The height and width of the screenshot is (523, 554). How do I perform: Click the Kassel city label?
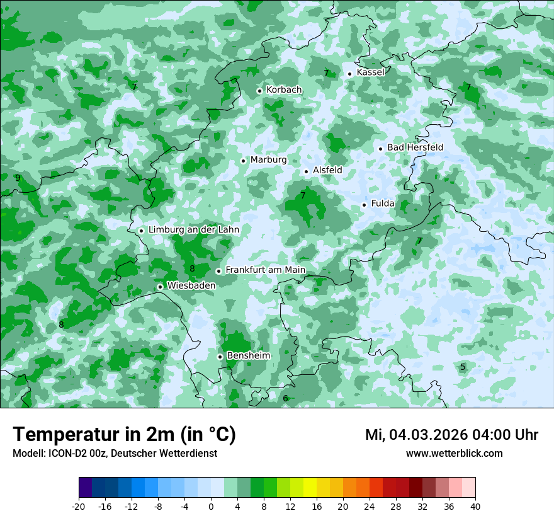coord(370,72)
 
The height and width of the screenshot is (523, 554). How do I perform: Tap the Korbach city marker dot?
coord(259,91)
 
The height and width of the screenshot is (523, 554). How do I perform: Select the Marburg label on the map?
coord(268,160)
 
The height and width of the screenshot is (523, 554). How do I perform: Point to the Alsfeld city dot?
coord(307,171)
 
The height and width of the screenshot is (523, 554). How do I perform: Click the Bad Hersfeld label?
coord(415,147)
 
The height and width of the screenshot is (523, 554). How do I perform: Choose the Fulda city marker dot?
coord(364,205)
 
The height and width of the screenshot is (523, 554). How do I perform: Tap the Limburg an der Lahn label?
coord(193,230)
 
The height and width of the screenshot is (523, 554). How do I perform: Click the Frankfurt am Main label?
coord(265,270)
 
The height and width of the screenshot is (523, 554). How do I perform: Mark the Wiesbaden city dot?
coord(161,287)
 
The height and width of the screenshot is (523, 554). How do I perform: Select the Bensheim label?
coord(248,356)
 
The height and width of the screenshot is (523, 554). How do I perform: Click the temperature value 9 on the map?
coord(18,178)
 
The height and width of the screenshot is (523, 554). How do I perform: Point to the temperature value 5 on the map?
coord(463,367)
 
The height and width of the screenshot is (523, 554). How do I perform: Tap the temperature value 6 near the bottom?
coord(285,398)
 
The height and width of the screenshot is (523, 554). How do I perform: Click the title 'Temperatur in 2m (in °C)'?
coord(124,434)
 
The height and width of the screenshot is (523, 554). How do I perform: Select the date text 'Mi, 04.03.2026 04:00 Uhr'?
coord(451,435)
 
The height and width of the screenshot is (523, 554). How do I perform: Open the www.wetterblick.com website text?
coord(454,454)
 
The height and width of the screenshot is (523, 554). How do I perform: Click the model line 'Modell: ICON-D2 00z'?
coord(115,454)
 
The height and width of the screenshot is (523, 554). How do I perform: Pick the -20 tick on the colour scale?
coord(79,507)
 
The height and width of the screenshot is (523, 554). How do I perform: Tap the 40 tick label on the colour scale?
coord(475,507)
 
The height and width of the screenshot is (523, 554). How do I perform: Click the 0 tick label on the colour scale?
coord(211,507)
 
